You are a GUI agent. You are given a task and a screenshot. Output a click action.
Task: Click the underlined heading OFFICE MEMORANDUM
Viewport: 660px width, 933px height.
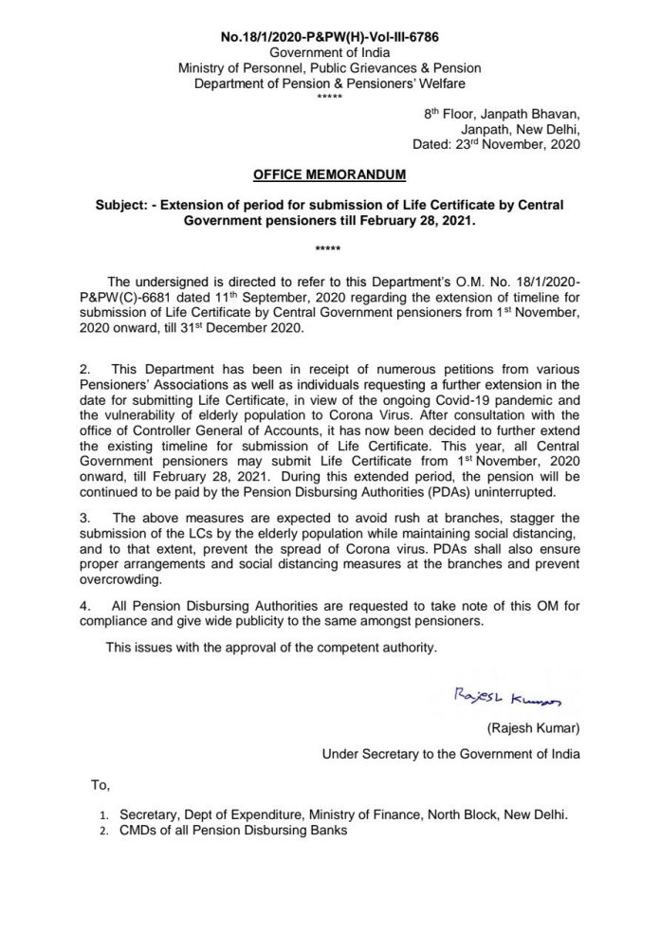pos(329,174)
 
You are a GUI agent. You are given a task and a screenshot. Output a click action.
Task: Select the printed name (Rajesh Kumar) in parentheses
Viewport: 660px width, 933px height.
pos(526,727)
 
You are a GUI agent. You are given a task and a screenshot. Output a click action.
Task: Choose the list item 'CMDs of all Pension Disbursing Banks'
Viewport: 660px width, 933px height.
pos(233,831)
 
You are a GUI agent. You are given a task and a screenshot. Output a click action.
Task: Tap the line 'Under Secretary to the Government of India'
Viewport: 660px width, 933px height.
pos(450,754)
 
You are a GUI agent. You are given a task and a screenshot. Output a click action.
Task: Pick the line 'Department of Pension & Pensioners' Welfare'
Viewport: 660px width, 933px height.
pos(329,83)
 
